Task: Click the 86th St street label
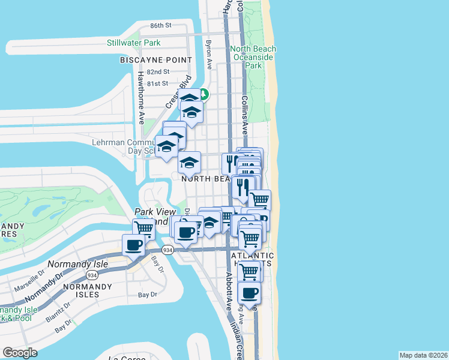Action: (x=161, y=26)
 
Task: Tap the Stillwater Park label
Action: (x=133, y=43)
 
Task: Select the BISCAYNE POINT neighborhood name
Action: (x=155, y=60)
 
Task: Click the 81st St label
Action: (x=157, y=83)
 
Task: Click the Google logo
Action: (x=20, y=353)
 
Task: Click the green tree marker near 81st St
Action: (x=203, y=94)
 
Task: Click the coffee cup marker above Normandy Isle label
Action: (x=133, y=244)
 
